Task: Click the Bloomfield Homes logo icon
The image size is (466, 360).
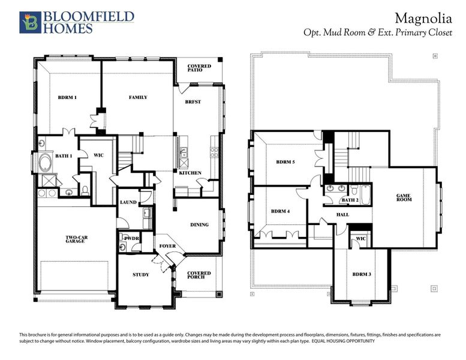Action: click(29, 22)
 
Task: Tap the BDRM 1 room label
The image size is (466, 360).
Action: click(67, 97)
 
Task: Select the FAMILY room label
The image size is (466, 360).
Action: click(138, 97)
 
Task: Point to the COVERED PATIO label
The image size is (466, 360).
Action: click(199, 68)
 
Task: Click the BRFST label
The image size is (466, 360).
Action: click(193, 102)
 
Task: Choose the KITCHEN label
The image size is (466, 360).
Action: click(190, 173)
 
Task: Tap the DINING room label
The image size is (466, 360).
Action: click(200, 224)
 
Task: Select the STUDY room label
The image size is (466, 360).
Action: click(140, 275)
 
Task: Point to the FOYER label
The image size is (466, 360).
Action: click(167, 246)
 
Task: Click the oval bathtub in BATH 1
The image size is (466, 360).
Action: click(46, 163)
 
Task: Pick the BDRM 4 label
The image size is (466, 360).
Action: click(281, 211)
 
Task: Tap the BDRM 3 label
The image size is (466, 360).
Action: click(361, 274)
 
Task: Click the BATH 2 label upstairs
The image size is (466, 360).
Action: click(350, 200)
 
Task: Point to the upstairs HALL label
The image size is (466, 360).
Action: click(342, 214)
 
